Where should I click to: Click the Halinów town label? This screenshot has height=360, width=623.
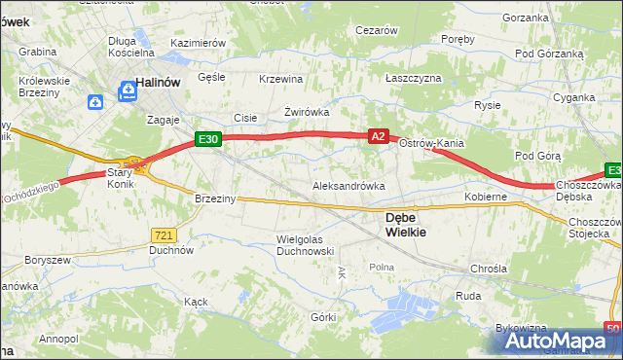pos(160,84)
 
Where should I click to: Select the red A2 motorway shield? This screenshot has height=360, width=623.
pos(380,138)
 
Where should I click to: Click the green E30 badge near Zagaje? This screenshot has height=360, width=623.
pos(209,139)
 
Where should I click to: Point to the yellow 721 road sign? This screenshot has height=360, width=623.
pos(164,234)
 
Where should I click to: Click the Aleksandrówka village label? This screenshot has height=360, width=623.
pos(348,185)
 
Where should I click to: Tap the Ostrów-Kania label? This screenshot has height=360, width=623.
pos(430,143)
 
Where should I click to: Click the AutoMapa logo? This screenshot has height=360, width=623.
pos(559,342)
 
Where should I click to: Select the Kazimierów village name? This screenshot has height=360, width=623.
pos(198,44)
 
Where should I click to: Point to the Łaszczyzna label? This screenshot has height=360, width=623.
pos(413,77)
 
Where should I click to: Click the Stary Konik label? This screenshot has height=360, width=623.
pos(121,175)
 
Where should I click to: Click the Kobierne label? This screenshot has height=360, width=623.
pos(486,197)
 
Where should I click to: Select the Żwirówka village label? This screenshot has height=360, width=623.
pos(307,112)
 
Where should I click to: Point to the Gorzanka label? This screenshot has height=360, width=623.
pos(526,18)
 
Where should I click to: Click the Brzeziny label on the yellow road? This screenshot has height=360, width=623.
pos(215,198)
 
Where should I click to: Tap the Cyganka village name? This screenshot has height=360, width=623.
pos(573,97)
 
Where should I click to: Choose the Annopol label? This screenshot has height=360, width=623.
pos(58,339)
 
